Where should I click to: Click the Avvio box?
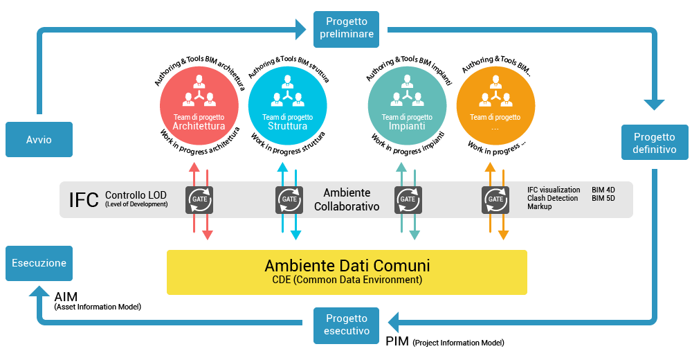tap(39, 140)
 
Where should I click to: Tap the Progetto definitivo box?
tap(655, 143)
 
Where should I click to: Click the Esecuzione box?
tap(39, 263)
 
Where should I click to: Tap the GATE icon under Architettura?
tap(200, 199)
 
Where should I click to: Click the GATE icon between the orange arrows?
tap(496, 199)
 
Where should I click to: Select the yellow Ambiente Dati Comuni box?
tap(347, 271)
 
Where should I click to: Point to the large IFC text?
tap(84, 200)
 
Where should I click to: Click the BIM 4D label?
tap(603, 190)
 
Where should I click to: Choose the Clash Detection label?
tap(552, 199)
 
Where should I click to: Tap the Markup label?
tap(539, 207)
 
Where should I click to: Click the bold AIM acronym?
tap(66, 296)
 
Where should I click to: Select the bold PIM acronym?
tap(397, 341)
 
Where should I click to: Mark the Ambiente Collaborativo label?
tap(347, 199)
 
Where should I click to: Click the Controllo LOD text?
tap(136, 195)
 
